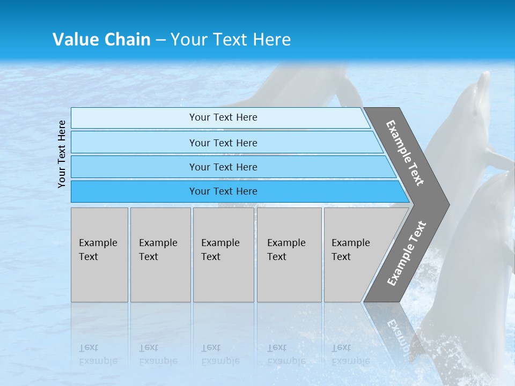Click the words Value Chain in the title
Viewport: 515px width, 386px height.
(101, 39)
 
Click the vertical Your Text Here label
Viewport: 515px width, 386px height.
(62, 154)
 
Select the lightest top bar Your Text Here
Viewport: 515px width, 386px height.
(223, 117)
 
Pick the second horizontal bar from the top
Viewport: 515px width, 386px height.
(223, 143)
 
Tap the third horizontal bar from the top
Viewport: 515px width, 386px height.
(223, 167)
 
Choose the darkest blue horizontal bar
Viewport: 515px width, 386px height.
(223, 191)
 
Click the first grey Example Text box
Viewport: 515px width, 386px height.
(99, 255)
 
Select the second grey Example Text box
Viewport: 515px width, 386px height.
(160, 255)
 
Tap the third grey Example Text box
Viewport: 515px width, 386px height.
(223, 255)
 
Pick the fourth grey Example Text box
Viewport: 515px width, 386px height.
(289, 255)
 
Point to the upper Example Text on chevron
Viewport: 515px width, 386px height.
(406, 153)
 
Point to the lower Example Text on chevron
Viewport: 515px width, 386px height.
(406, 254)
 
